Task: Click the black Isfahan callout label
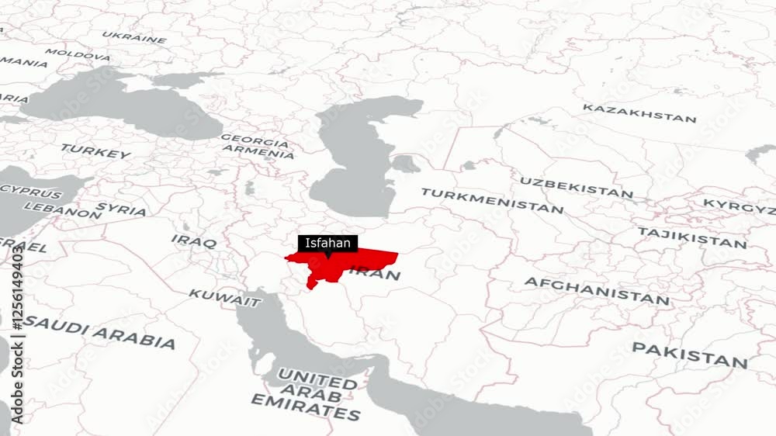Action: (x=327, y=243)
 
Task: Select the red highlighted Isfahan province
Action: (x=341, y=264)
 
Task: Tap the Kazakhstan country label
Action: (x=639, y=113)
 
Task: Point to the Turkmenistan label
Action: (x=492, y=200)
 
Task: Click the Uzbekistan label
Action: (x=577, y=187)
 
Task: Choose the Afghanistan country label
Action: (x=596, y=290)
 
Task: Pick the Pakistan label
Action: (x=689, y=355)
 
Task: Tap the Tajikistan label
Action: (x=691, y=237)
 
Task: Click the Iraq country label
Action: (x=194, y=241)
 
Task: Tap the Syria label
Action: (x=121, y=209)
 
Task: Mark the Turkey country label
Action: (x=95, y=151)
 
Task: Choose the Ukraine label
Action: (x=133, y=36)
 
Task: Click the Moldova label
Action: (x=78, y=55)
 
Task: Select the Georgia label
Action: (x=255, y=141)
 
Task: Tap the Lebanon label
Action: (x=62, y=209)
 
